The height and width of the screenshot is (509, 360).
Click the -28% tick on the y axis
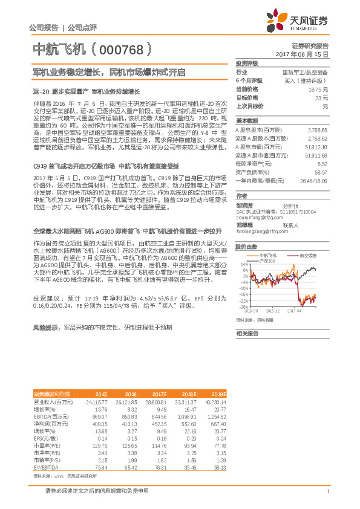pyautogui.click(x=243, y=306)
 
